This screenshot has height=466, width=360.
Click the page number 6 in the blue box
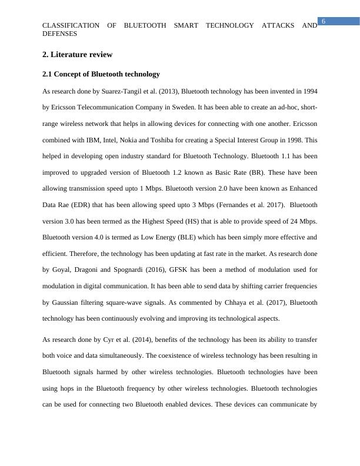click(x=323, y=22)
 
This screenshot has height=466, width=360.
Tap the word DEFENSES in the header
click(x=60, y=34)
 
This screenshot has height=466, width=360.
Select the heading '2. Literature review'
click(x=77, y=55)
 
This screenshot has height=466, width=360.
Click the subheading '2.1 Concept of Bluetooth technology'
click(x=101, y=75)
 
